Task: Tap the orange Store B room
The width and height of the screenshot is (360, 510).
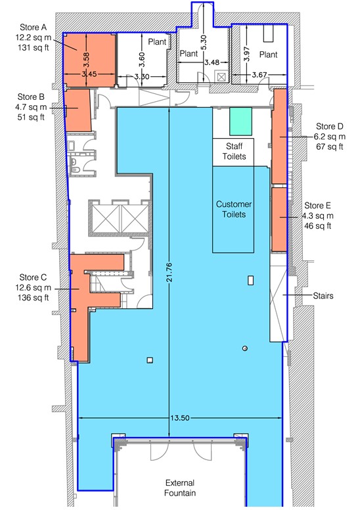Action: tap(78, 110)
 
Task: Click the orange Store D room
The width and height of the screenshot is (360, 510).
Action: tap(279, 137)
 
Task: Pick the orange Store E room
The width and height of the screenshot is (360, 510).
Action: tap(279, 220)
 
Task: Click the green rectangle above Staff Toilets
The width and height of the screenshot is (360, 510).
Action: tap(240, 122)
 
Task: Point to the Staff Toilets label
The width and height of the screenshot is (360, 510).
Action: tap(234, 151)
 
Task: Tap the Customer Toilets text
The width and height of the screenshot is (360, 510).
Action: tap(234, 210)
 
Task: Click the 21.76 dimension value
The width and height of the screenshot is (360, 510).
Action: tap(169, 273)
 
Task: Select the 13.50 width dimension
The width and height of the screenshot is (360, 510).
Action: tap(179, 418)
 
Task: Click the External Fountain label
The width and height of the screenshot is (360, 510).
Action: tap(180, 488)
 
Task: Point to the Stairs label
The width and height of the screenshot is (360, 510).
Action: tap(323, 296)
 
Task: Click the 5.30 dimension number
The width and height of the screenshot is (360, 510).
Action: tap(203, 43)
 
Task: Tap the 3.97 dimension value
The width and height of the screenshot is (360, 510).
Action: tap(247, 55)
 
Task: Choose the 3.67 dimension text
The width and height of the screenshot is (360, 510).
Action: tap(259, 75)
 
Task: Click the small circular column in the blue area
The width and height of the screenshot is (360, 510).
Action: tap(245, 348)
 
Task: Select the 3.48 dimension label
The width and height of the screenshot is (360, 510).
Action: tap(212, 62)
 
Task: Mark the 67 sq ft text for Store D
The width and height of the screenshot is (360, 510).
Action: tap(330, 147)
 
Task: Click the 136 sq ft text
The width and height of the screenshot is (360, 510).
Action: tap(34, 297)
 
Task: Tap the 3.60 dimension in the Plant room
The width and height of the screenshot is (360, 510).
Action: tap(142, 60)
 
